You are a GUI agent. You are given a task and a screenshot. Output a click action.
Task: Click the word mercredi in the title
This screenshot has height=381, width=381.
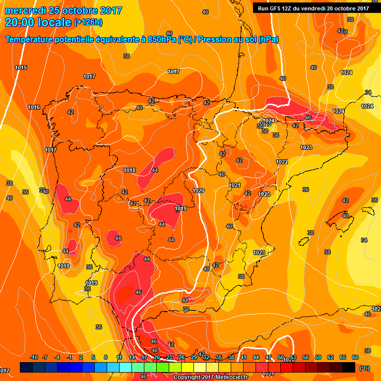(24, 10)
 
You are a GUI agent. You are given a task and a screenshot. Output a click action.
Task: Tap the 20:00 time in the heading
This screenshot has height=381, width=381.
(20, 22)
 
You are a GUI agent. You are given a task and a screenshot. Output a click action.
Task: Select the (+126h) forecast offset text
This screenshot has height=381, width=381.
(88, 22)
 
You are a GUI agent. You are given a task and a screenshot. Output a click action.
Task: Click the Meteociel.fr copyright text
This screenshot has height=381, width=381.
(211, 377)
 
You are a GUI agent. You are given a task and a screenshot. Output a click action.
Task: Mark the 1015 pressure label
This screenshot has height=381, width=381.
(21, 67)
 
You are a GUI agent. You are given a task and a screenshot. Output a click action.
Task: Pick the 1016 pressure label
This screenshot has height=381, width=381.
(34, 108)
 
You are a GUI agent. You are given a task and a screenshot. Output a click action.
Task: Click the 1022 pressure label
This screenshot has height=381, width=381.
(282, 162)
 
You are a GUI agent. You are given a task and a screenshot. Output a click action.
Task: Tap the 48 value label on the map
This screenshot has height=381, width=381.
(155, 350)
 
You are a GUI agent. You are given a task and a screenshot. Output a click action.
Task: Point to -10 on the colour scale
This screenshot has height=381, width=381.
(34, 357)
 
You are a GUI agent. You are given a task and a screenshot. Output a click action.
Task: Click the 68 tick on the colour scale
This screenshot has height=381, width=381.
(355, 357)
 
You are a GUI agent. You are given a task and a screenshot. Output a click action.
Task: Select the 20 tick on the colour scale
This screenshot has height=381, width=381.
(156, 357)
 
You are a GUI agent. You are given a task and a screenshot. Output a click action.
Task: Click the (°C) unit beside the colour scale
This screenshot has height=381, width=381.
(365, 368)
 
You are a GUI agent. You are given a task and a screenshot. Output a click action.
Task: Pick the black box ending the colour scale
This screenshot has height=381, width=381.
(349, 367)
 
